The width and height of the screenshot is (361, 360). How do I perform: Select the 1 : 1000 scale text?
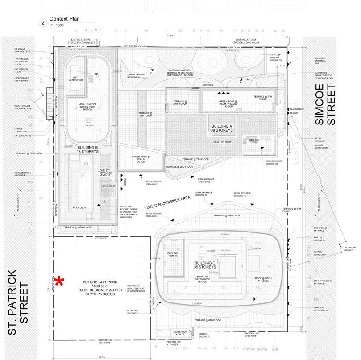[x=57, y=26]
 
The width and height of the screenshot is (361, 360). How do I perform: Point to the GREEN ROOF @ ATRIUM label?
[x=141, y=159]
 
